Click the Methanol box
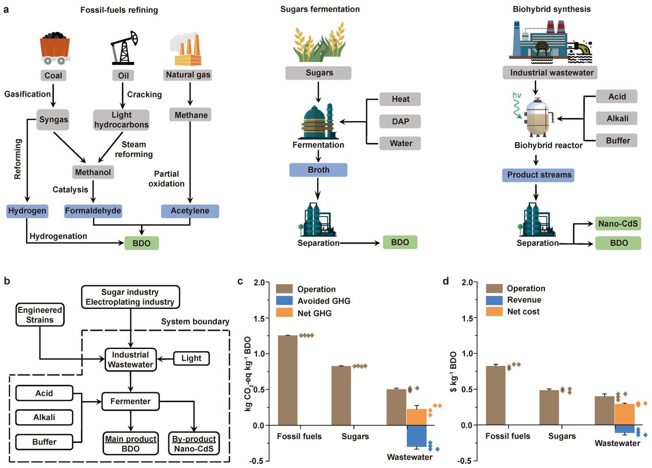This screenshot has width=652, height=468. tap(93, 171)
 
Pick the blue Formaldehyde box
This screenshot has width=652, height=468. tap(93, 211)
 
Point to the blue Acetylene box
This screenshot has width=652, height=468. tap(190, 211)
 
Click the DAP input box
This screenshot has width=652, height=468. tap(400, 121)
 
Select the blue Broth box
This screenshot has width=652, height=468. tap(318, 170)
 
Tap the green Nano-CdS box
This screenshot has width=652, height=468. tap(618, 223)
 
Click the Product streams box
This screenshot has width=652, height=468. tap(537, 175)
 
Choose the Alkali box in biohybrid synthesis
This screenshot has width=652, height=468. tap(617, 118)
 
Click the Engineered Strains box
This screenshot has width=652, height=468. tap(40, 315)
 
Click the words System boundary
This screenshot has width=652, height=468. tap(195, 322)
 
